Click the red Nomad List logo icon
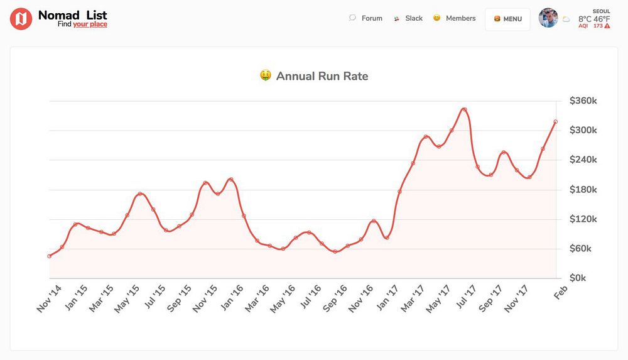click(x=21, y=19)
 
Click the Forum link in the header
click(x=372, y=18)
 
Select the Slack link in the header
click(x=414, y=18)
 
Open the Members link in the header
click(x=460, y=18)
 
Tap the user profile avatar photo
click(x=548, y=18)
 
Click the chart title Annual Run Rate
click(x=322, y=77)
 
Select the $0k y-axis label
click(x=578, y=278)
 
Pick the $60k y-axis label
click(x=581, y=249)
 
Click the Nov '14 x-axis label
click(x=50, y=298)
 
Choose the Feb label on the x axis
click(x=560, y=292)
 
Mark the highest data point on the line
click(x=463, y=109)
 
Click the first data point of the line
click(x=49, y=256)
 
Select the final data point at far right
click(x=556, y=122)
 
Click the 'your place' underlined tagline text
click(x=90, y=25)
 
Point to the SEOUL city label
click(x=601, y=11)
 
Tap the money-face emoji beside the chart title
click(x=266, y=76)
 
